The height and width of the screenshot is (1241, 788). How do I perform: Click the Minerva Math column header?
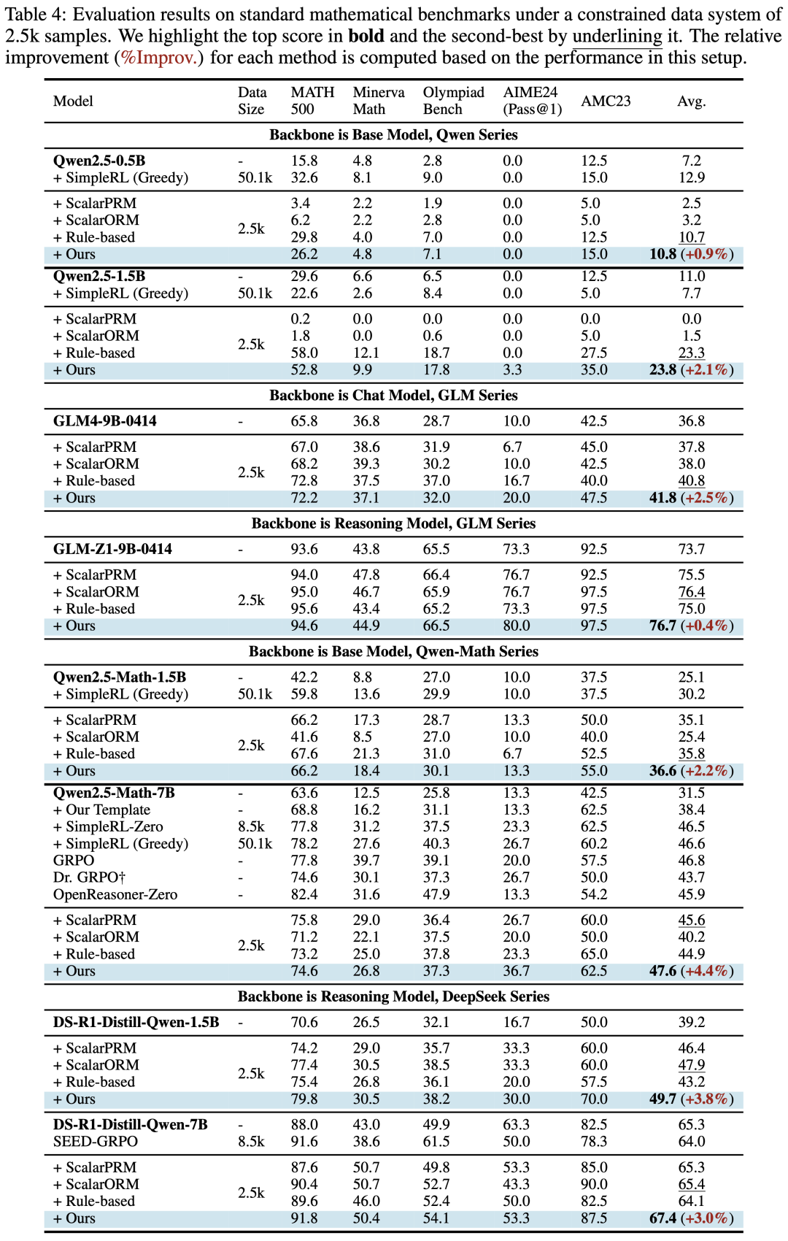click(378, 101)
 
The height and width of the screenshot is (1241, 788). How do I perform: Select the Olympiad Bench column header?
click(453, 101)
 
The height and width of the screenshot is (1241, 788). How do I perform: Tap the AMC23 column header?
click(606, 101)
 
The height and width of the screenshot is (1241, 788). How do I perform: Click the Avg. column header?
click(691, 101)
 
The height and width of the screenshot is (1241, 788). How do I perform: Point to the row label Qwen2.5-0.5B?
click(99, 161)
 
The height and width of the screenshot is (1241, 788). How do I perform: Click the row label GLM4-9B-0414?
click(104, 421)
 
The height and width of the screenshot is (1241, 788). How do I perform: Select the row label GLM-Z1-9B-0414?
click(112, 549)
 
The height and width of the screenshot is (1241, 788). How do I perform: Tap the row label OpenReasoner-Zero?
click(115, 894)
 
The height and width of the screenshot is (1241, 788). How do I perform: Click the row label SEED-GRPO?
click(95, 1141)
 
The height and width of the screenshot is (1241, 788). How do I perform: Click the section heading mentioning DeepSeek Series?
click(393, 996)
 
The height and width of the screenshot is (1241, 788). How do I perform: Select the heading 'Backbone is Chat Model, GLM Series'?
click(393, 395)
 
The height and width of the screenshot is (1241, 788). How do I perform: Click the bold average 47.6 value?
click(663, 971)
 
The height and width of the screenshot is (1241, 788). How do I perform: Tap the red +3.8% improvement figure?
click(707, 1099)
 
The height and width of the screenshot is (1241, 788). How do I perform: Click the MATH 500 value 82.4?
click(304, 894)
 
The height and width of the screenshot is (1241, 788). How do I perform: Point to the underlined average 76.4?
click(691, 592)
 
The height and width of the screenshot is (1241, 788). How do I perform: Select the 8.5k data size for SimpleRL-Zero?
click(251, 826)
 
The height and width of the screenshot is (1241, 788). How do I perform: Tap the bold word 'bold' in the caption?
click(366, 36)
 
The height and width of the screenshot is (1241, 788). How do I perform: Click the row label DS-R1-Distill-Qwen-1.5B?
click(136, 1022)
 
